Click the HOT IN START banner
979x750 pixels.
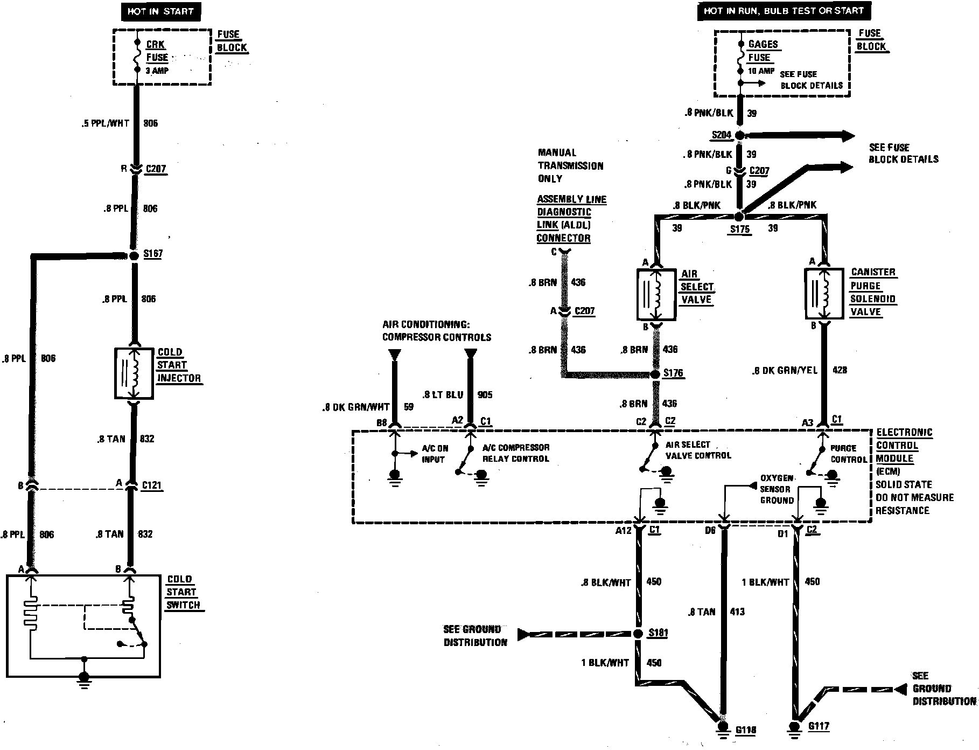click(x=160, y=11)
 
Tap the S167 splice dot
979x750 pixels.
click(x=134, y=255)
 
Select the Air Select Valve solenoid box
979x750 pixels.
click(x=655, y=294)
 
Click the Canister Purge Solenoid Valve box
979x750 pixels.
click(x=823, y=294)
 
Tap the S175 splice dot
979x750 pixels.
click(x=739, y=217)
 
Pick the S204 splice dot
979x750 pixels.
click(x=740, y=135)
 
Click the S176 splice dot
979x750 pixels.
click(x=655, y=374)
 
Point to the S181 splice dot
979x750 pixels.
click(x=639, y=634)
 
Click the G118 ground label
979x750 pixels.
click(x=745, y=730)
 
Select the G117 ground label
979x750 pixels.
click(x=819, y=726)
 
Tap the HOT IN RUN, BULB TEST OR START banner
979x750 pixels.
click(x=784, y=11)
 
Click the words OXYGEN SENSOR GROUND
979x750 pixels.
click(x=776, y=489)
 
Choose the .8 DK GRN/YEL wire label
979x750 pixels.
click(x=785, y=370)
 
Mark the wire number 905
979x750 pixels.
click(x=485, y=395)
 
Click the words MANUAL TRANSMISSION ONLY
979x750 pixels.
click(x=570, y=165)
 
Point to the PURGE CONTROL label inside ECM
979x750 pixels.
click(x=848, y=454)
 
